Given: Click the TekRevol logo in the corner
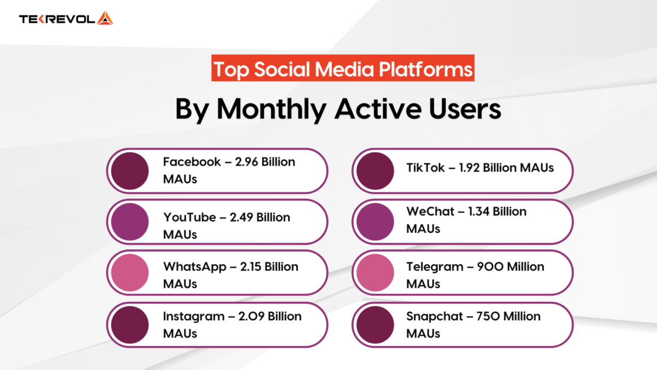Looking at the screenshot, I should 66,19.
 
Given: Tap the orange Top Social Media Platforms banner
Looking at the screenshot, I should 343,69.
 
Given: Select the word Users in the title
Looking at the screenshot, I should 457,109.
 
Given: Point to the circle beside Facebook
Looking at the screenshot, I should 130,170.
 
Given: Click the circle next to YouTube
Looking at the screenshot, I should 130,221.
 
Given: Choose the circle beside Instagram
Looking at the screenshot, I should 130,323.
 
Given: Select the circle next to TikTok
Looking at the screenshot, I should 375,170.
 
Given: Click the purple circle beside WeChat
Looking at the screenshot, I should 375,221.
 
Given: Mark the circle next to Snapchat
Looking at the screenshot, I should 375,323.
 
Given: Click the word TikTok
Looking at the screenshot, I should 425,168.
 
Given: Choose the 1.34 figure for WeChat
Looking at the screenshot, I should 480,212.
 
